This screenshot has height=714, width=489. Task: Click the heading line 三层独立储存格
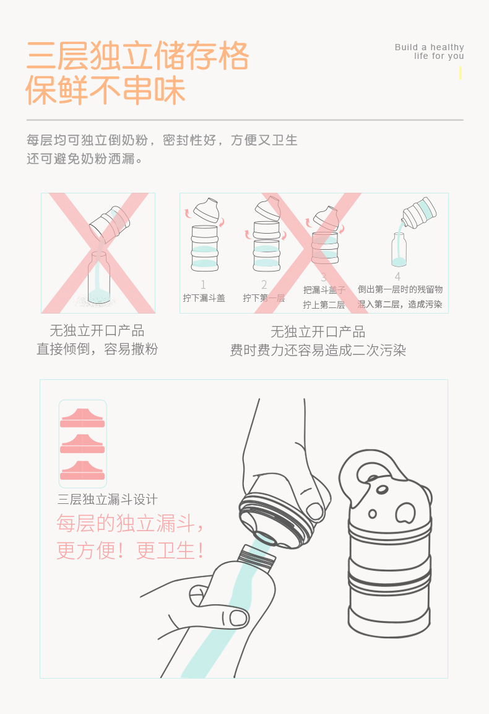click(x=137, y=56)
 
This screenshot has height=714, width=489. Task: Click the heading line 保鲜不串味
click(x=105, y=90)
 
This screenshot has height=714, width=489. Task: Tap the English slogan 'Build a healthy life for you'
click(x=430, y=51)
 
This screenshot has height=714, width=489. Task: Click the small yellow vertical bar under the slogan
click(x=460, y=73)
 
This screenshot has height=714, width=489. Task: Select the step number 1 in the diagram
click(x=203, y=284)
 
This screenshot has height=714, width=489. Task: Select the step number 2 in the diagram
click(x=264, y=284)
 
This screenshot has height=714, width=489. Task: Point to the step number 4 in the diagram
click(x=397, y=276)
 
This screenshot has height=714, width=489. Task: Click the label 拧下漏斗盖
click(x=204, y=298)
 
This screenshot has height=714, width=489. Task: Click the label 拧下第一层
click(x=264, y=298)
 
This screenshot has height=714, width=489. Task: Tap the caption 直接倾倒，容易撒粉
click(x=97, y=350)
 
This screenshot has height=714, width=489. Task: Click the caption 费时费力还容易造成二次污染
click(x=318, y=350)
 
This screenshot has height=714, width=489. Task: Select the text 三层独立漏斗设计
click(x=108, y=500)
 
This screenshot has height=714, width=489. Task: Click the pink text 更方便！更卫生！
click(x=131, y=550)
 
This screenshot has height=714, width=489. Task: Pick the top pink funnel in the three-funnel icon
click(x=82, y=418)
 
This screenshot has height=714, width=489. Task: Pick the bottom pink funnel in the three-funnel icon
click(x=82, y=470)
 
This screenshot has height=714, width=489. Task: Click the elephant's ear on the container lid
click(x=406, y=513)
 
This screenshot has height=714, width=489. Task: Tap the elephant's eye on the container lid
click(x=373, y=514)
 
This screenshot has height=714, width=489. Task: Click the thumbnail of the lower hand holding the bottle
click(x=238, y=617)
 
